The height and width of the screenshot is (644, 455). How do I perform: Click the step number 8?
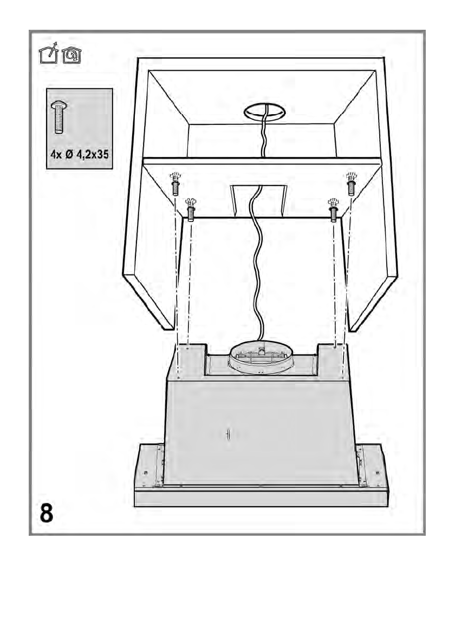coord(47,513)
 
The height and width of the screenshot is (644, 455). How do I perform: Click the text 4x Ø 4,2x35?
coord(79,154)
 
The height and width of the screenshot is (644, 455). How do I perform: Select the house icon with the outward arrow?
coord(49,55)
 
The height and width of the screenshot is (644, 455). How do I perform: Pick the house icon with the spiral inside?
coord(71,55)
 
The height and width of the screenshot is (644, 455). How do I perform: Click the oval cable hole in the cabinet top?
coord(264,113)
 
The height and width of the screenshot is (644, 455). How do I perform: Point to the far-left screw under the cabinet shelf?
coord(175,185)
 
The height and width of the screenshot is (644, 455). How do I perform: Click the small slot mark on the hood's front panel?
coord(228,434)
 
